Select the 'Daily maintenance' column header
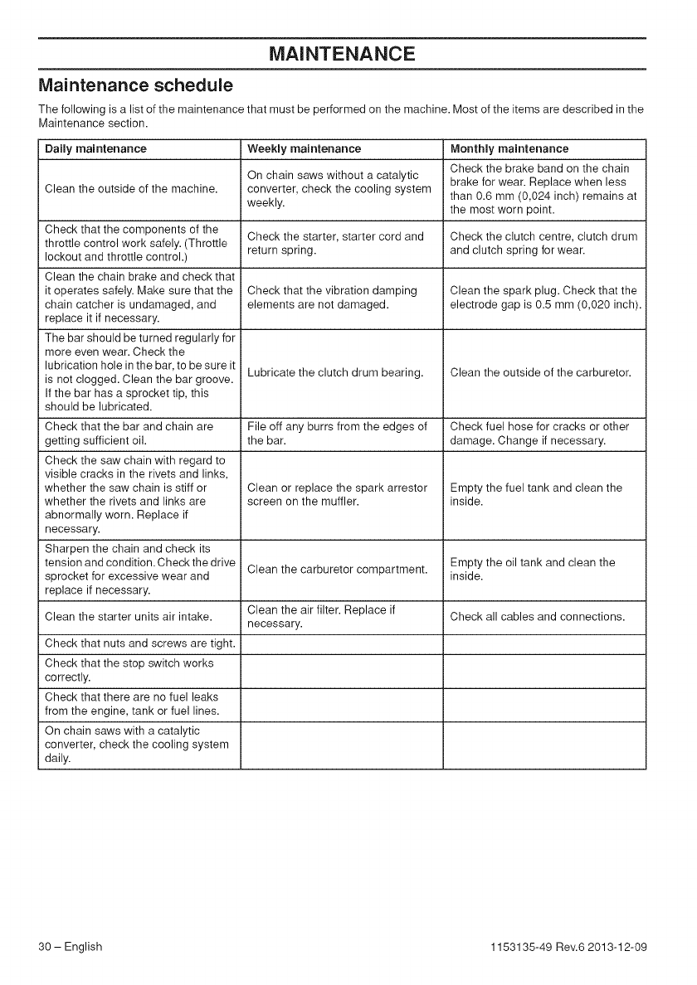[x=95, y=149]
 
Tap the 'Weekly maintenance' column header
[x=305, y=149]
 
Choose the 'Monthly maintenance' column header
[x=509, y=149]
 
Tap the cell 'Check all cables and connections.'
[x=537, y=616]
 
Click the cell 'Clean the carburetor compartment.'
[x=338, y=569]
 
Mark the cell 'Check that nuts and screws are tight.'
[x=139, y=644]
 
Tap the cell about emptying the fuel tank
[x=535, y=494]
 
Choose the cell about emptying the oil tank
[x=532, y=569]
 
